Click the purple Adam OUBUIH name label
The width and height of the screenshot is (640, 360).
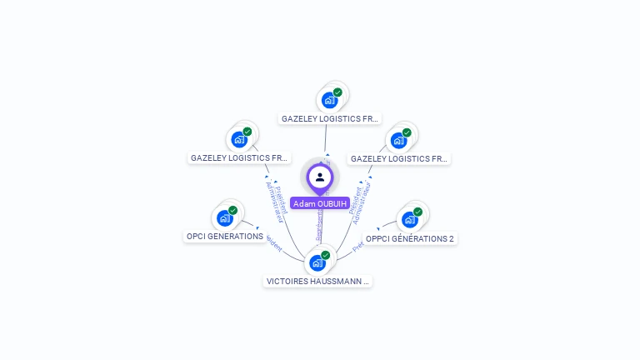(x=320, y=203)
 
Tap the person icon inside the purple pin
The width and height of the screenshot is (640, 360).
(x=320, y=177)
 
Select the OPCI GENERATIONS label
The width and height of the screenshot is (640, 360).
(x=224, y=236)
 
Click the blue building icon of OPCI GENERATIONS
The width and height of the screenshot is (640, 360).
(x=224, y=218)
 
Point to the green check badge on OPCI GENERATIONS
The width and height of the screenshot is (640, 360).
(x=232, y=210)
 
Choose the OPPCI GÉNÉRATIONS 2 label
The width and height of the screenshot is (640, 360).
(x=410, y=238)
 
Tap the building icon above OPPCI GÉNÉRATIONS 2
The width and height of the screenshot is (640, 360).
(x=409, y=220)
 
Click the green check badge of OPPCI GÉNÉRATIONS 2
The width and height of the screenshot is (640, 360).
(x=417, y=212)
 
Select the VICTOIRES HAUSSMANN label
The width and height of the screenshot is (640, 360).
(x=317, y=282)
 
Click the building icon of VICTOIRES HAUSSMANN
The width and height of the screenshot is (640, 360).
(x=317, y=263)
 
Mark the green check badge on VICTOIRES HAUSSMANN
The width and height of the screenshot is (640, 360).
(x=325, y=255)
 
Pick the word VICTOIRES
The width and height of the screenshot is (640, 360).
(x=287, y=282)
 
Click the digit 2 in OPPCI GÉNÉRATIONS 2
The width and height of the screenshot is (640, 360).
(x=452, y=238)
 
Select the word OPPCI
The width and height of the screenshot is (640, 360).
(x=379, y=238)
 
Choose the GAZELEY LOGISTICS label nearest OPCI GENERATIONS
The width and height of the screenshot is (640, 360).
(x=239, y=157)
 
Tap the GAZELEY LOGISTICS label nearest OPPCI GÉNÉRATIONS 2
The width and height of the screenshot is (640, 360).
(x=398, y=158)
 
